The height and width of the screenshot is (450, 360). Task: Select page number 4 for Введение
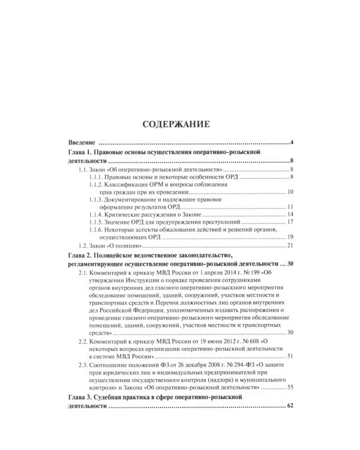click(x=291, y=143)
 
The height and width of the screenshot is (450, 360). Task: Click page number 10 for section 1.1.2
click(x=289, y=192)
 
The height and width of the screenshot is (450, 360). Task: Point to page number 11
click(x=289, y=207)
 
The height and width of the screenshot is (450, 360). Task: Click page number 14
click(x=289, y=215)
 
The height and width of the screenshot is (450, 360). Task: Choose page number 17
click(x=289, y=222)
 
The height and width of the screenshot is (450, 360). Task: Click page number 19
click(x=289, y=238)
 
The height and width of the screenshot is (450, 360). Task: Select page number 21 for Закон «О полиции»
click(x=289, y=245)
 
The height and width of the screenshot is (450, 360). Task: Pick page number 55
click(x=289, y=388)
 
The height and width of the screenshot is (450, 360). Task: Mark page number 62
click(x=291, y=406)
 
